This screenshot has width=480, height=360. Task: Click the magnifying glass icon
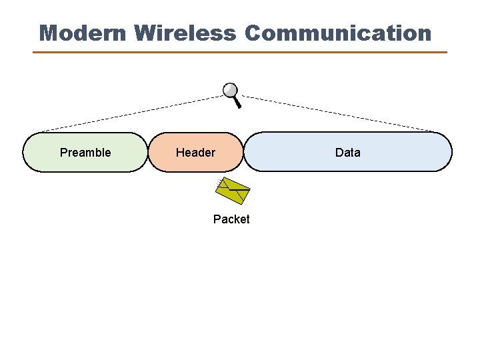(232, 94)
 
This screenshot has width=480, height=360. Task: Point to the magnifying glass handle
(237, 102)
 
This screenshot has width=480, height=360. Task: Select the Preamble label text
(85, 153)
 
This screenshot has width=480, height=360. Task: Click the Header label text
(195, 153)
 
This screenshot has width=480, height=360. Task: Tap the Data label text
(347, 153)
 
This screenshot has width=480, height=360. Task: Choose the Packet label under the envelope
(231, 219)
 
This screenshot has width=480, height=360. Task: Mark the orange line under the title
(240, 52)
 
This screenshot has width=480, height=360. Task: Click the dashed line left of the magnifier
(133, 113)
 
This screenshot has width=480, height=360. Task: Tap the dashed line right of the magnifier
(333, 113)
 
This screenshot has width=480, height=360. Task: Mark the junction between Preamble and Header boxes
(148, 152)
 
